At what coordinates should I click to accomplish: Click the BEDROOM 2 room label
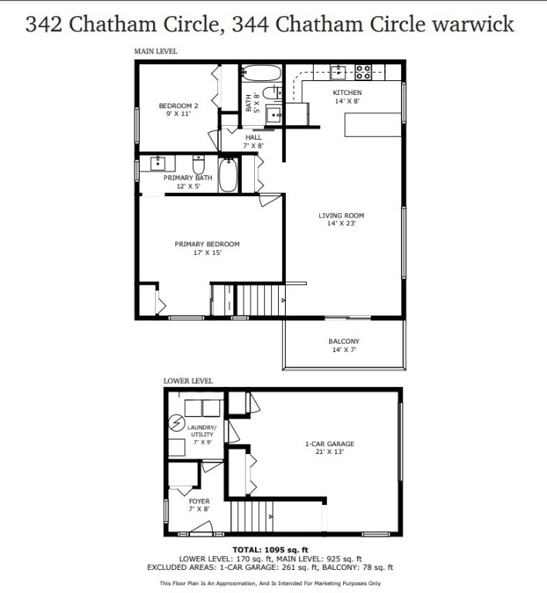(x=178, y=106)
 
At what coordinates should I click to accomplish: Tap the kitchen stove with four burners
(x=363, y=73)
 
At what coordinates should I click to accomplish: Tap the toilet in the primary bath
(x=198, y=165)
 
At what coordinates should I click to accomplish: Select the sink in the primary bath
(x=159, y=164)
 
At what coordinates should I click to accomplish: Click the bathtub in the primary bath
(x=229, y=176)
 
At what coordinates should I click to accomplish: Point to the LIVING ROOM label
(x=341, y=215)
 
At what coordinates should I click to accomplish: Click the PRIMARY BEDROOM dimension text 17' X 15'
(x=206, y=252)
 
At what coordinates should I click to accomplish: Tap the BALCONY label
(x=344, y=341)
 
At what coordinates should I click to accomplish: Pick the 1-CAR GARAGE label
(x=329, y=444)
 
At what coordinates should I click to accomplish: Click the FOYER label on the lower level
(x=199, y=501)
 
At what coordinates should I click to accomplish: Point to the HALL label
(x=253, y=137)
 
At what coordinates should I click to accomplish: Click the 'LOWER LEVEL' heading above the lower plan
(x=188, y=381)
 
